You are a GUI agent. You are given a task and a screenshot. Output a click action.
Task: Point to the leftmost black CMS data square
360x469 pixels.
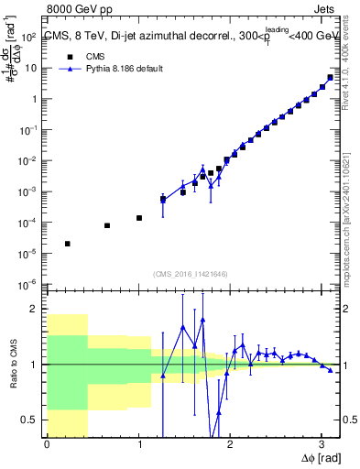point(68,244)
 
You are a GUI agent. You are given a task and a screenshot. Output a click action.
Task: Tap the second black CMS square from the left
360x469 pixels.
point(107,225)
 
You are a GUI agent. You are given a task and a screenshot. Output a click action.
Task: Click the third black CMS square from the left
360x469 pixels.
point(138,218)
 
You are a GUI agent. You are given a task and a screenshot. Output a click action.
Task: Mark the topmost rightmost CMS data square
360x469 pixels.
point(330,77)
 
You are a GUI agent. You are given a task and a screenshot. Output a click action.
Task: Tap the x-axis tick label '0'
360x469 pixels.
point(47,444)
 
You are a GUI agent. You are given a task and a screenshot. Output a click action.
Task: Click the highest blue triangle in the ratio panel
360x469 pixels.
point(202,319)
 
